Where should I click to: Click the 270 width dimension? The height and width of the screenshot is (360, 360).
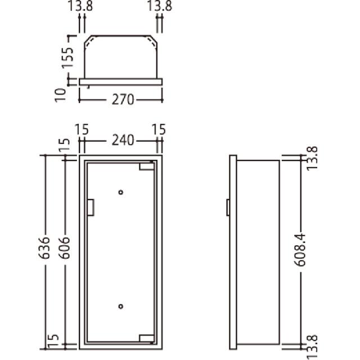pos(123,100)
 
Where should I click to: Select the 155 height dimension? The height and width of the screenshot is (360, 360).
pos(68,57)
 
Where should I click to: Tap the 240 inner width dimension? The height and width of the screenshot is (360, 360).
pos(123,140)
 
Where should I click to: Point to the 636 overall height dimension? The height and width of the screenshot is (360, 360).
pos(44,248)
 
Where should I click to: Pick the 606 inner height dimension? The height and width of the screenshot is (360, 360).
pos(64,248)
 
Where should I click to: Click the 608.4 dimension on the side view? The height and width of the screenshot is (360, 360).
pos(300,250)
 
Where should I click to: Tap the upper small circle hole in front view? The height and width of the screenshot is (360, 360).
pos(121,192)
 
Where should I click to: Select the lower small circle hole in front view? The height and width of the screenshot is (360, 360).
pos(121,306)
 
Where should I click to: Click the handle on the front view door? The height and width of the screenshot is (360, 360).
pos(91,208)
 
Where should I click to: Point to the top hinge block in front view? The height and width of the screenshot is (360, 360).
pos(146,166)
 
